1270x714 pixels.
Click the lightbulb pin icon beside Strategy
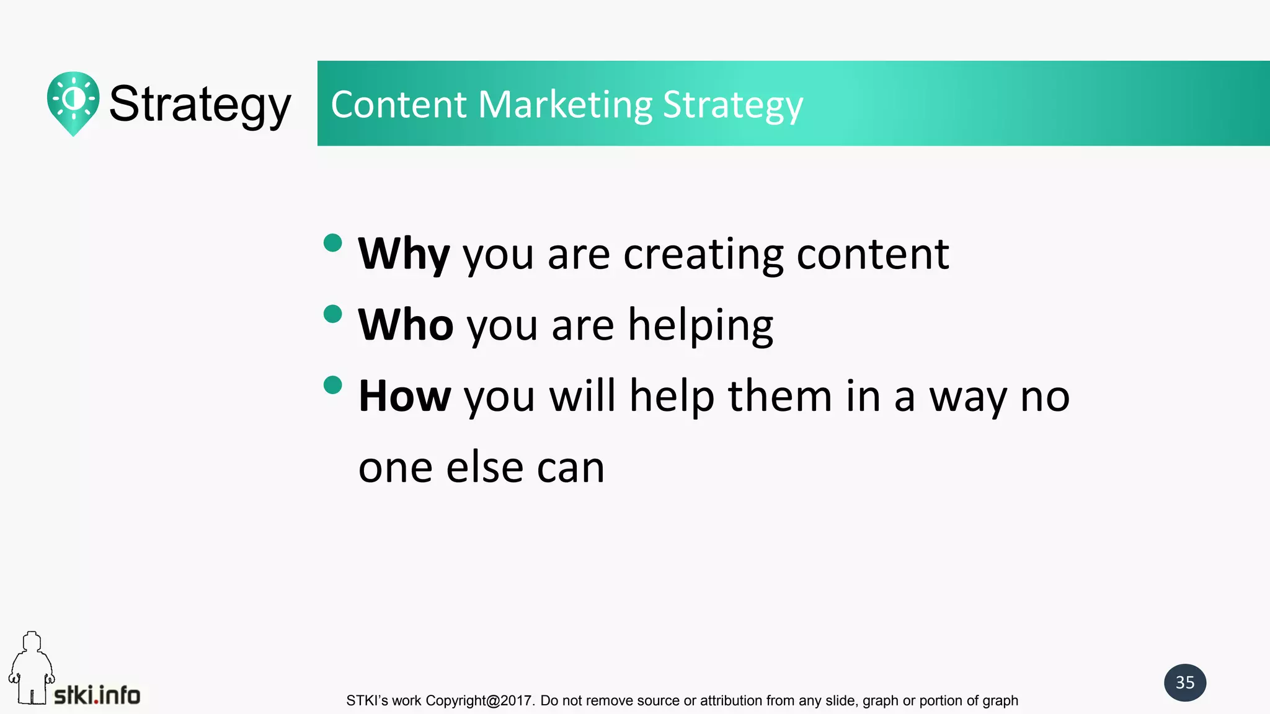click(73, 102)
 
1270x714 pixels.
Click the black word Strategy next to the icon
click(200, 104)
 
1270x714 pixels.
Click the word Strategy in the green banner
click(732, 105)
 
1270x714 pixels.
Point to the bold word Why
click(404, 254)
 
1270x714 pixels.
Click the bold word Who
click(406, 325)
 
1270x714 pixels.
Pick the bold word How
click(404, 396)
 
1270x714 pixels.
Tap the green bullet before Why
click(333, 243)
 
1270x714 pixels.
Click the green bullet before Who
click(333, 314)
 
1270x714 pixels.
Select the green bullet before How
click(333, 385)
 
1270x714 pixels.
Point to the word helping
click(700, 326)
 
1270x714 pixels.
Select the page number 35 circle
click(1184, 682)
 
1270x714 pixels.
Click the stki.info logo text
click(97, 695)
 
